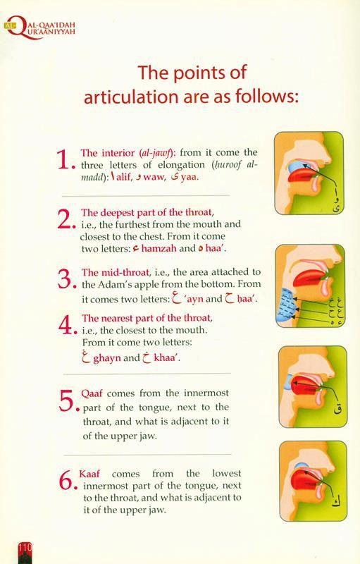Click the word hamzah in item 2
click(159, 249)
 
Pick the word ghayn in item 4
click(107, 358)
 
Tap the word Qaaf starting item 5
click(92, 393)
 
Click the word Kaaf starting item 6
click(89, 474)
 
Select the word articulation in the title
click(131, 97)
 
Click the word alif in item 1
click(123, 177)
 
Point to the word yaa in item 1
click(189, 178)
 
